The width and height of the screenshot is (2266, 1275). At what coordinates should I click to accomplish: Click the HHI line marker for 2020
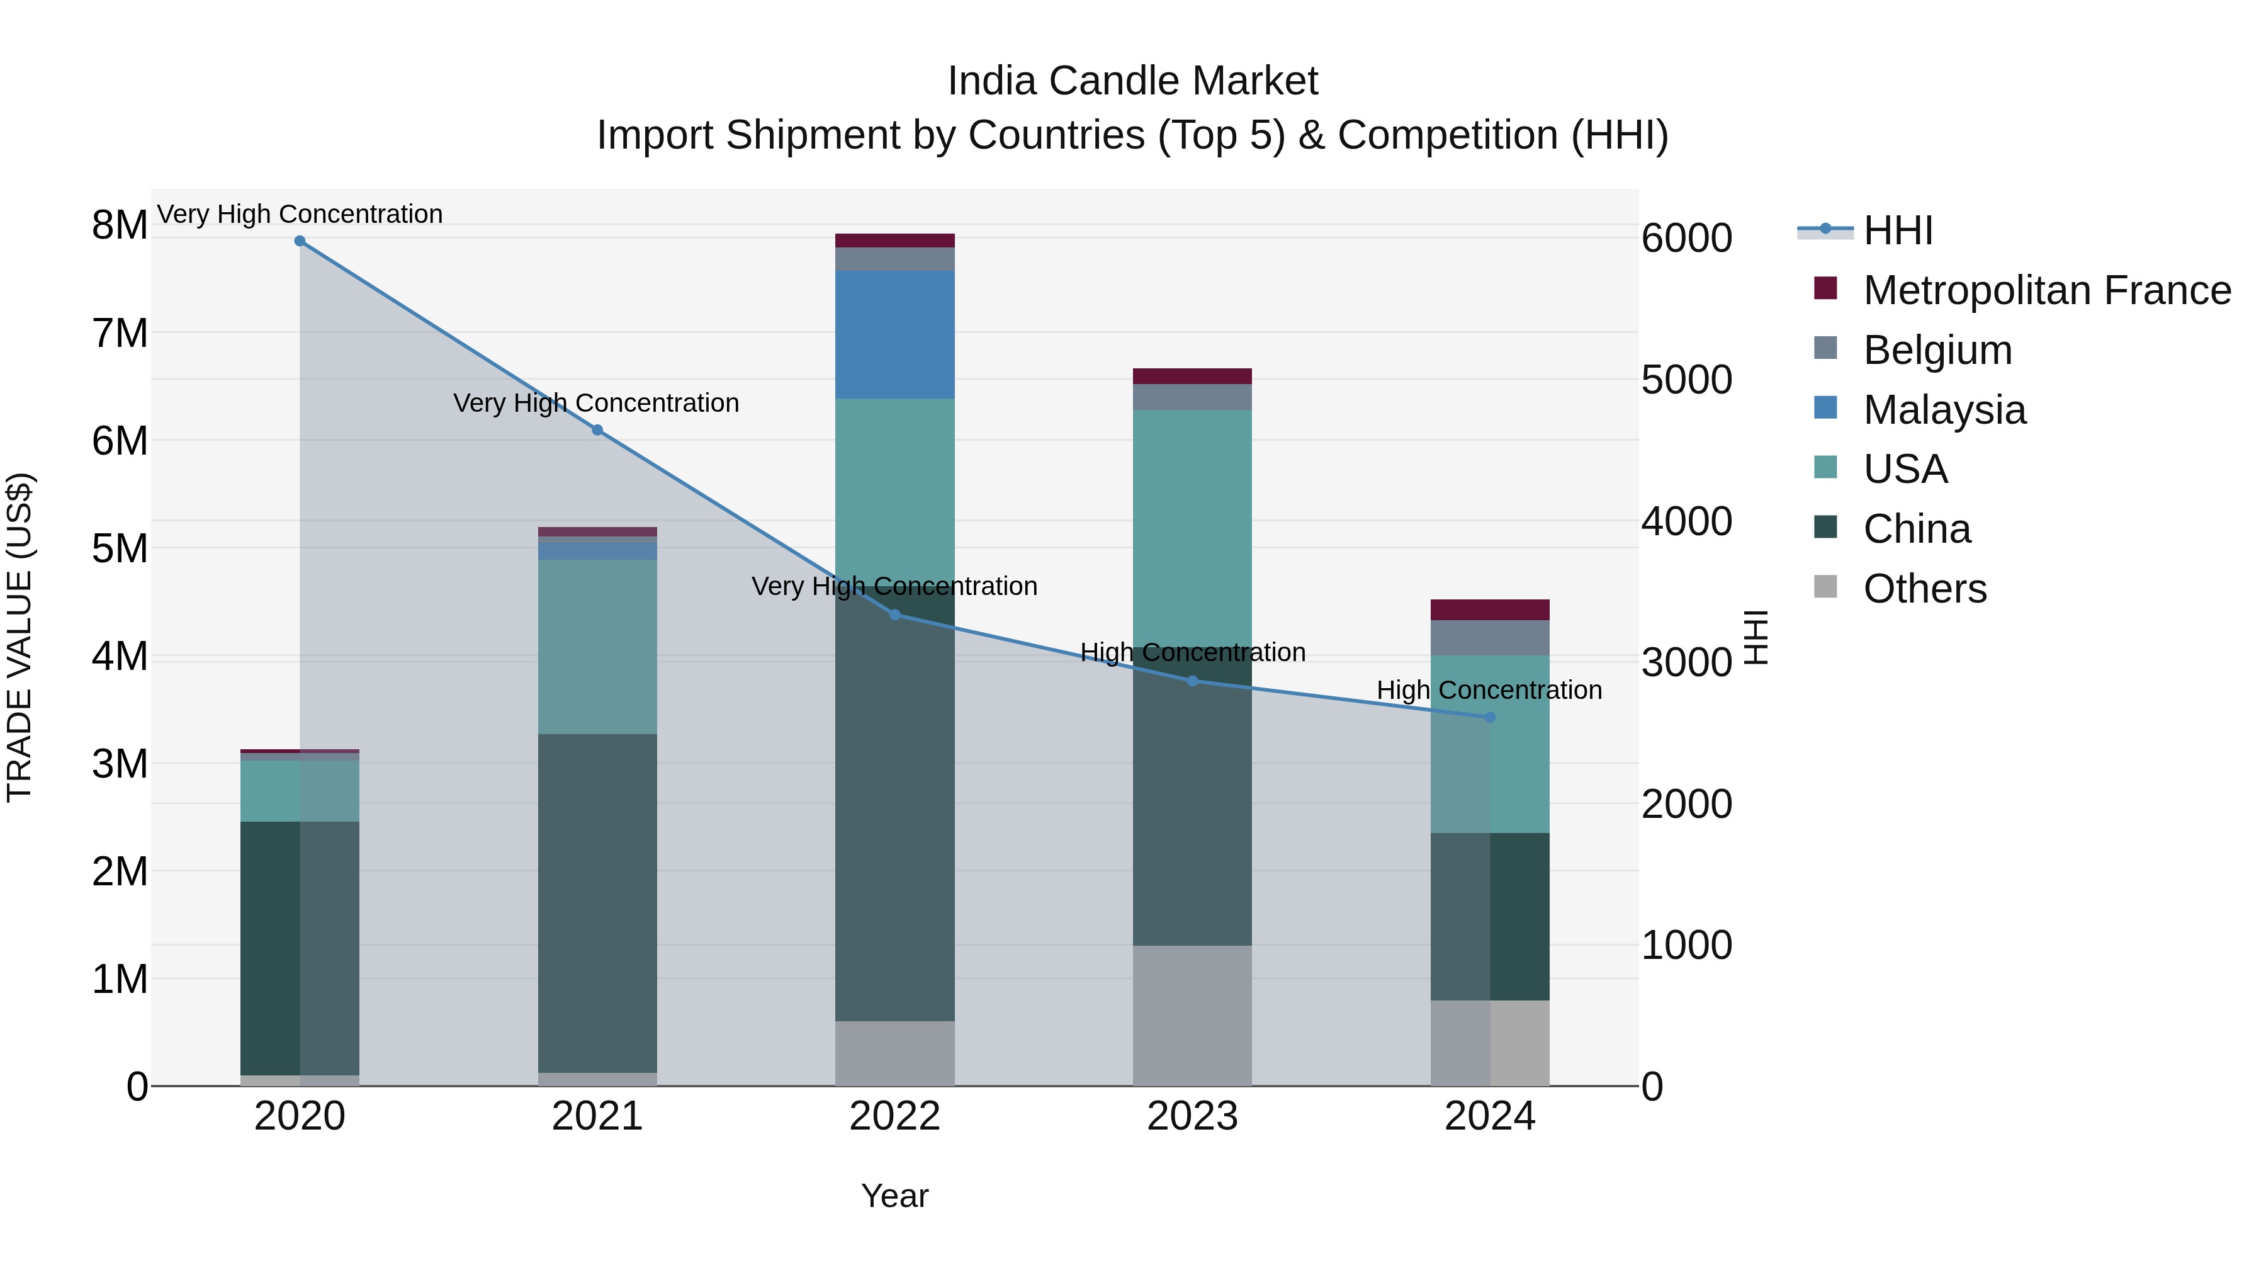(x=300, y=241)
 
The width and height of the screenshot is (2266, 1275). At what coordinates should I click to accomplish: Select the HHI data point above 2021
(x=597, y=430)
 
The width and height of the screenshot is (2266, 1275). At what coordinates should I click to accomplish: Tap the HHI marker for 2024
(x=1490, y=717)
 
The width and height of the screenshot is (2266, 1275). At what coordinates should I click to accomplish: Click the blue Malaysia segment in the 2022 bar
(x=894, y=334)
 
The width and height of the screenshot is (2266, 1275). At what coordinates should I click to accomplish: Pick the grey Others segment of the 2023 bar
(x=1192, y=1016)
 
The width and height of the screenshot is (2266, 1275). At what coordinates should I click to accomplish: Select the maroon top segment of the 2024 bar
(x=1490, y=609)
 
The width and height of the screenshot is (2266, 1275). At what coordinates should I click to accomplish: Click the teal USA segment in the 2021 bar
(x=597, y=647)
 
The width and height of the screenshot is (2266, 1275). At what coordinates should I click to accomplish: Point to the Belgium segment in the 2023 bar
(x=1192, y=397)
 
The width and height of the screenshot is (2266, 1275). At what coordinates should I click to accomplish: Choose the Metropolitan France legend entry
(x=2046, y=290)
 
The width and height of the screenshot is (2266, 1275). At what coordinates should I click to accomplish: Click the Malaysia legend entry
(x=1944, y=410)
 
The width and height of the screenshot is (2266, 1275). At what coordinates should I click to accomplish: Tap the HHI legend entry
(x=1897, y=230)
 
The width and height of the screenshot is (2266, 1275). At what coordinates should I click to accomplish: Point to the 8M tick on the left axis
(x=120, y=225)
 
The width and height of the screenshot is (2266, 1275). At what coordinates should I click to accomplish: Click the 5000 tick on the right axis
(x=1686, y=380)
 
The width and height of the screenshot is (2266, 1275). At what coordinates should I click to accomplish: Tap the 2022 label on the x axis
(x=894, y=1116)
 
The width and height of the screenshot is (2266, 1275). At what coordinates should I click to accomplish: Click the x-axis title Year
(x=894, y=1196)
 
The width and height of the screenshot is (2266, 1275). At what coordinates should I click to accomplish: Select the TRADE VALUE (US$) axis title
(x=20, y=637)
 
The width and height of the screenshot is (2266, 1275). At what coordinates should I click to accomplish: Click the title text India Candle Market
(x=1132, y=81)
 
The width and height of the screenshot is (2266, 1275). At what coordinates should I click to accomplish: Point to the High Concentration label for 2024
(x=1489, y=690)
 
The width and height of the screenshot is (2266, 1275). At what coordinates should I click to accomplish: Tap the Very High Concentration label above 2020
(x=300, y=214)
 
